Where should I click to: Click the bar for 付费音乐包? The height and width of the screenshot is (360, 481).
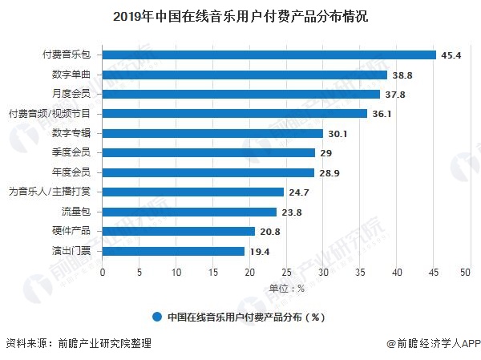click(269, 55)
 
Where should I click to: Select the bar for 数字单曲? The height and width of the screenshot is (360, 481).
click(245, 75)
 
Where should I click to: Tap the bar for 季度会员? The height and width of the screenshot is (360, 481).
click(208, 152)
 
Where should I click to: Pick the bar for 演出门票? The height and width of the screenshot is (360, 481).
click(173, 251)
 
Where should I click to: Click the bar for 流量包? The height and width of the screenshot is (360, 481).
click(189, 212)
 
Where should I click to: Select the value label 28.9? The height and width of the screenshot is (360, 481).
click(328, 172)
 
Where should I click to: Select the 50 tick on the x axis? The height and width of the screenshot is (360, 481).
click(465, 273)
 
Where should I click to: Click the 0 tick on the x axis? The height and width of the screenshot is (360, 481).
click(103, 273)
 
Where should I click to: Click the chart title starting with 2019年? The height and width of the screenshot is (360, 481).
click(240, 16)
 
